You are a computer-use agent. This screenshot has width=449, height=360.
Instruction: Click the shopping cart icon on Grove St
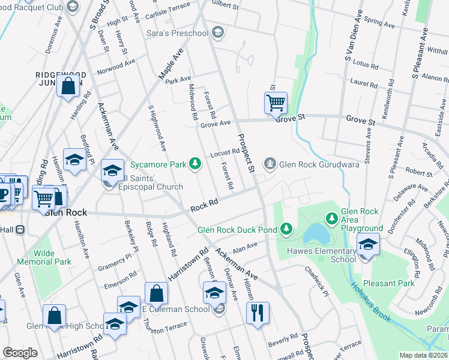click(276, 102)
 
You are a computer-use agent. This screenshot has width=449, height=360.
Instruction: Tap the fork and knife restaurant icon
click(258, 311)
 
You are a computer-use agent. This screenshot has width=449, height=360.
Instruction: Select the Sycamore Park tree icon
click(194, 163)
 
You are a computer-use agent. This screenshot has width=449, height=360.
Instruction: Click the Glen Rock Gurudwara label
click(319, 164)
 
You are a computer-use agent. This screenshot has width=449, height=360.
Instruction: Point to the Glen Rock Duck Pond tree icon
click(287, 228)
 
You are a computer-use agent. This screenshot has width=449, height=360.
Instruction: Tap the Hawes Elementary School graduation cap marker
click(368, 244)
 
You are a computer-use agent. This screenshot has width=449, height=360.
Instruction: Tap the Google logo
click(20, 353)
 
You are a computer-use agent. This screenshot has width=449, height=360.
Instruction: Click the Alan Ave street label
click(245, 247)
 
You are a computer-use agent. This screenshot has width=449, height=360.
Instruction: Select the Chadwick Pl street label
click(316, 281)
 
